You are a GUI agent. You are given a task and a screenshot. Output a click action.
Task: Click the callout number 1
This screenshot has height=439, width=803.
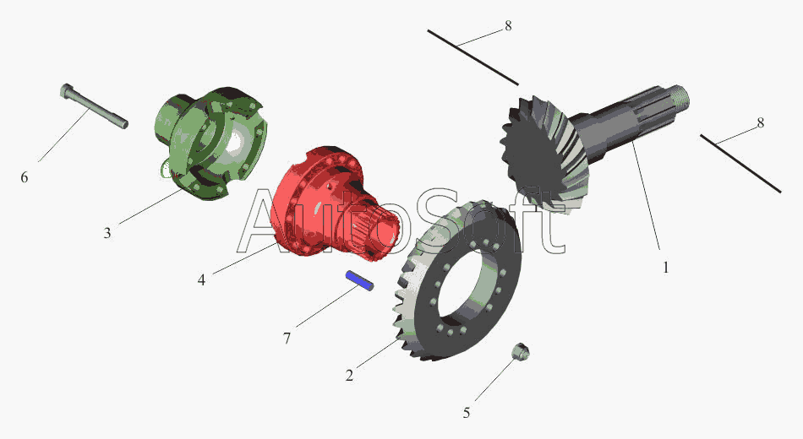point(666,268)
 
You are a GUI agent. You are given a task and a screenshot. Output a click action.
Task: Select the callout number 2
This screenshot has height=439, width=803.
point(349,376)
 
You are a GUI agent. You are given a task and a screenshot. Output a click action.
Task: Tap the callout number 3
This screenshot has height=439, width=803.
point(107,233)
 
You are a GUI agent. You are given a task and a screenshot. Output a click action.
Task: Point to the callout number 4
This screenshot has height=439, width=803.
point(201,280)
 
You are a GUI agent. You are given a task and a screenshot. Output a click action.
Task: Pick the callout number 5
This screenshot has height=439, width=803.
point(466,413)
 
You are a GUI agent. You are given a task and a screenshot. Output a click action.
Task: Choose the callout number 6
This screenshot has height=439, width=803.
point(24,177)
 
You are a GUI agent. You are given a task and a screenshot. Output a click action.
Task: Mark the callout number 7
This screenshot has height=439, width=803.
point(287,339)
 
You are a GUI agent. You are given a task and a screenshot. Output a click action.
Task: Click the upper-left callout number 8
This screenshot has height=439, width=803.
point(508,25)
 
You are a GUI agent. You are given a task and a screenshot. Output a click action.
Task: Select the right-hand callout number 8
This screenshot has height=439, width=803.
point(761,122)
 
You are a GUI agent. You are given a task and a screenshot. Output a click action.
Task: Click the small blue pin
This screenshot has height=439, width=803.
point(359,280)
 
